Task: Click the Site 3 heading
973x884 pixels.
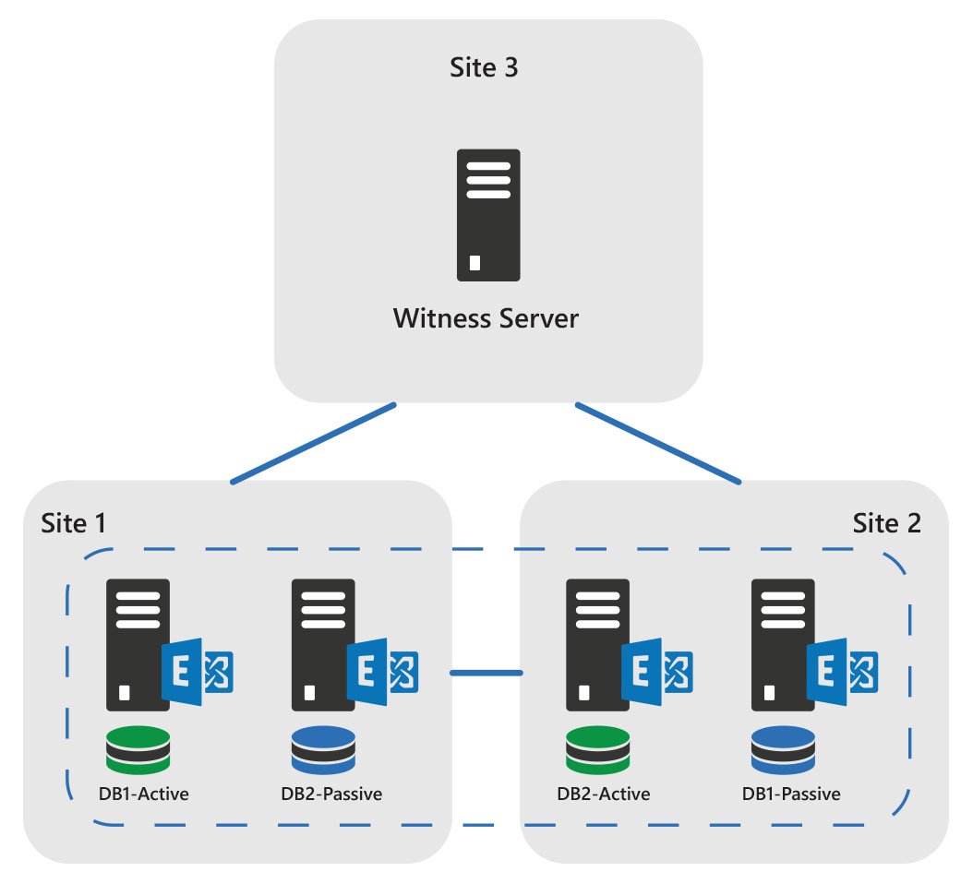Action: click(x=483, y=68)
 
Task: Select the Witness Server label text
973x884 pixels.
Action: click(x=486, y=319)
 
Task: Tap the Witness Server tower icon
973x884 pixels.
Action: click(x=488, y=214)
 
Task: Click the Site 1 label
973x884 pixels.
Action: click(x=74, y=523)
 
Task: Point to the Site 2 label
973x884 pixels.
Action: click(x=886, y=523)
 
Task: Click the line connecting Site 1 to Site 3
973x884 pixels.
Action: click(x=313, y=443)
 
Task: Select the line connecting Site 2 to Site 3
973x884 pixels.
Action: click(x=658, y=443)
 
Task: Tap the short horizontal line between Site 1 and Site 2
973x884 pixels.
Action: click(x=486, y=673)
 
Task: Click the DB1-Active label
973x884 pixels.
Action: click(x=142, y=794)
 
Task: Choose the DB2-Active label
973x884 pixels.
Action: click(x=603, y=794)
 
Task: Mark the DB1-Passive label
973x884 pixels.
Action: click(x=791, y=794)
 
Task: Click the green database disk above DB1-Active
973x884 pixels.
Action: click(x=138, y=749)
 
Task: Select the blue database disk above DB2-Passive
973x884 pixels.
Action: click(x=323, y=749)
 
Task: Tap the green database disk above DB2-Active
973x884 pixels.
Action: click(x=598, y=749)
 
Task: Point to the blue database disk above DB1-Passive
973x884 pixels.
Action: click(x=783, y=749)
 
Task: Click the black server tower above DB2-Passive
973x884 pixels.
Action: click(x=322, y=644)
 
